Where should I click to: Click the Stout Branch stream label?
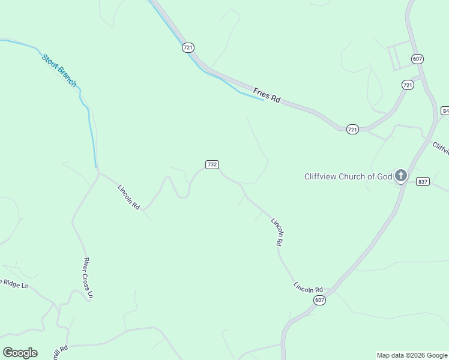[59, 70]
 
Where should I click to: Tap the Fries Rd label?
[267, 95]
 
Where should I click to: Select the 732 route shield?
[211, 164]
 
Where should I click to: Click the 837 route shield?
[423, 181]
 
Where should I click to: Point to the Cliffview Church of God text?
[348, 176]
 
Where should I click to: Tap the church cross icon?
[400, 176]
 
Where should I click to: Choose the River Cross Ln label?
[88, 278]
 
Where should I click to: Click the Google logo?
[20, 353]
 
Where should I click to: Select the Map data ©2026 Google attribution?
[412, 355]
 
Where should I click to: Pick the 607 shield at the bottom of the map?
[319, 300]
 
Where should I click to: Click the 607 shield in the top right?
[418, 59]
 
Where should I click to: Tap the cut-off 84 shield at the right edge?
[445, 111]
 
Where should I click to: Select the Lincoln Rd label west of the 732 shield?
[128, 197]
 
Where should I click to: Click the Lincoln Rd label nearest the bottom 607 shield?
[308, 288]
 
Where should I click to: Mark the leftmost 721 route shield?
[188, 47]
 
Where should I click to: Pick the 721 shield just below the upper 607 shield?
[408, 85]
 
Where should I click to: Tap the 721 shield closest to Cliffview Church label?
[353, 129]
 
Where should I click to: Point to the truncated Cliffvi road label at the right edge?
[441, 148]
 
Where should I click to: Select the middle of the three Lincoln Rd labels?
[277, 232]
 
